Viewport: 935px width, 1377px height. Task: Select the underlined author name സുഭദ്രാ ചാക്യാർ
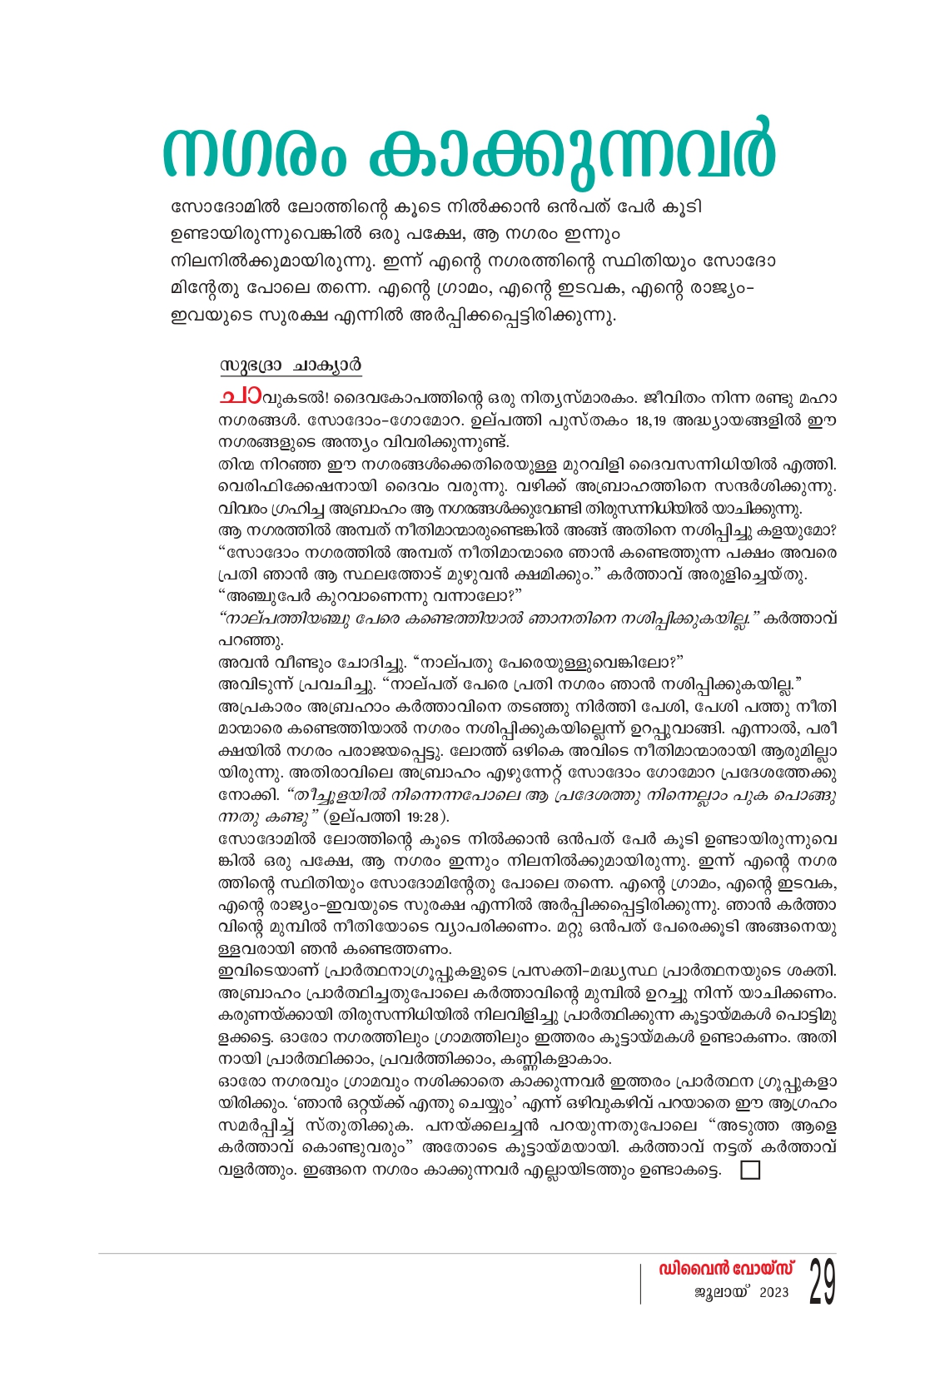click(x=291, y=366)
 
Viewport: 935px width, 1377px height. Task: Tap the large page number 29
click(x=822, y=1283)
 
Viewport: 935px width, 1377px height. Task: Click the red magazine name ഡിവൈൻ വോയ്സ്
click(x=726, y=1270)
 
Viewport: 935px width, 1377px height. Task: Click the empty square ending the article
click(x=749, y=1171)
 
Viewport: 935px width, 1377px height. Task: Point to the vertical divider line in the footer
click(x=640, y=1283)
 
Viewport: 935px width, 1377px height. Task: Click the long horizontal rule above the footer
click(x=466, y=1253)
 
